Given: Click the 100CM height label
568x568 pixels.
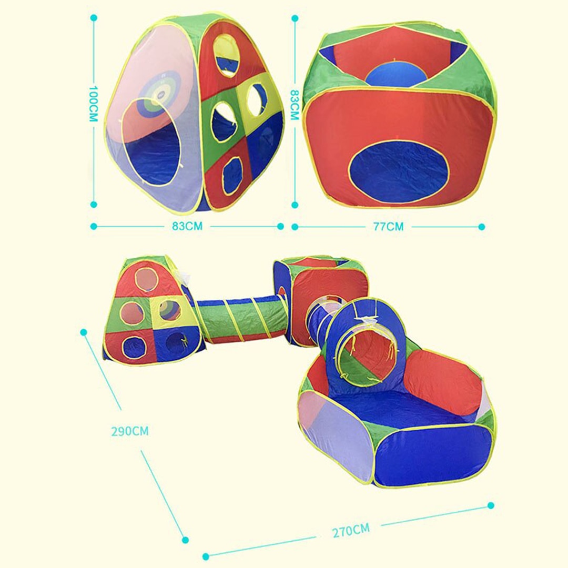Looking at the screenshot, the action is [94, 104].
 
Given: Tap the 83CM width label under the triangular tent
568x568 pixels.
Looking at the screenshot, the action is [187, 226].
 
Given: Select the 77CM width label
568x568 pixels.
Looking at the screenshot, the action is [388, 226].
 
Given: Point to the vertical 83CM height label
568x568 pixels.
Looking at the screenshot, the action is [294, 105].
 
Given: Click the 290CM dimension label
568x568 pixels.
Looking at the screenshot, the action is [130, 431].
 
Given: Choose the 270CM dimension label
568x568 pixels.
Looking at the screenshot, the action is [351, 530].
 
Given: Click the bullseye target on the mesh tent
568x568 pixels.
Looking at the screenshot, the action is [160, 93].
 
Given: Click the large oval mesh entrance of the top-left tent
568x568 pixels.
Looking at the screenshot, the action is [151, 141].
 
